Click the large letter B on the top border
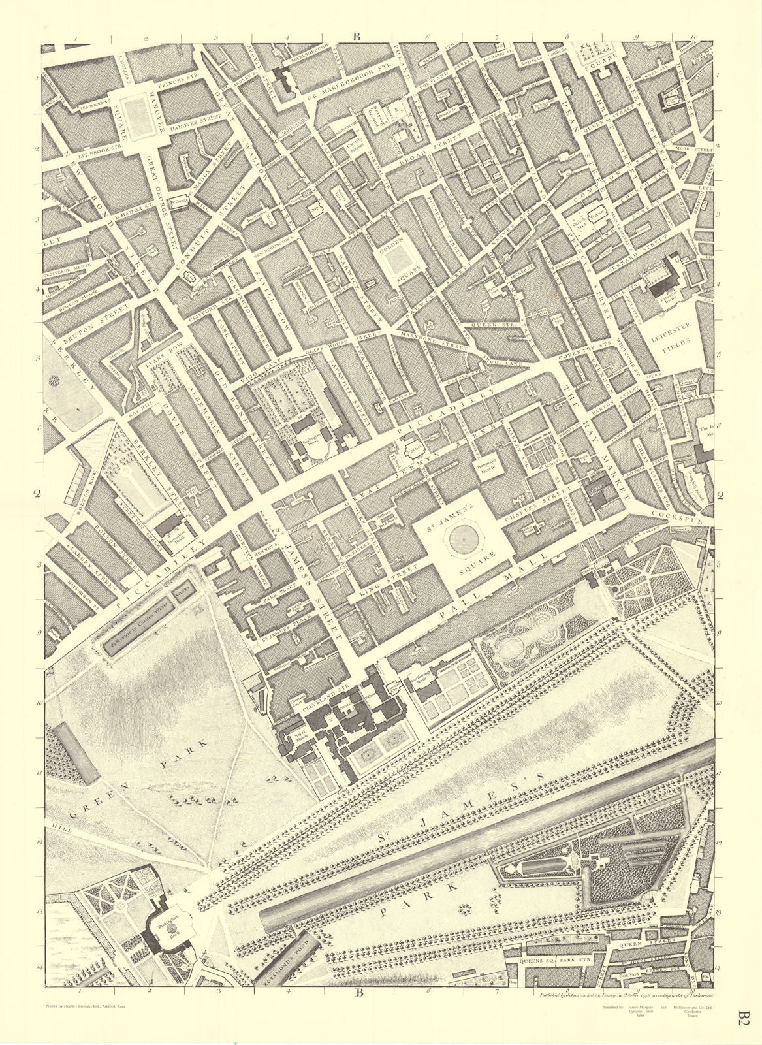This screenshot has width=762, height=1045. pos(357,37)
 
